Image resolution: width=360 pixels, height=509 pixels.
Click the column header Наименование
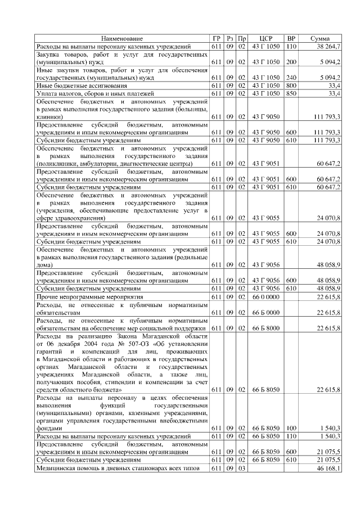pyautogui.click(x=121, y=38)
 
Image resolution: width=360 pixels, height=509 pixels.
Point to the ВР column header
pyautogui.click(x=291, y=38)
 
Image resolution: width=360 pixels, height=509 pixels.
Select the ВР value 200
pyautogui.click(x=291, y=61)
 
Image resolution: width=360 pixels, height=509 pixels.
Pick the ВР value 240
pyautogui.click(x=291, y=77)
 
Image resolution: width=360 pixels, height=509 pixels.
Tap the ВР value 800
pyautogui.click(x=291, y=85)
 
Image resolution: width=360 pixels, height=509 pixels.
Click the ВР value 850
pyautogui.click(x=291, y=93)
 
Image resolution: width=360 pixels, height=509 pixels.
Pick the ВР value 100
pyautogui.click(x=291, y=428)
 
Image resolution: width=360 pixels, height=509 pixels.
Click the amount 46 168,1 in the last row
pyautogui.click(x=328, y=467)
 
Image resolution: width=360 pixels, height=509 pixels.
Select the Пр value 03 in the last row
pyautogui.click(x=241, y=467)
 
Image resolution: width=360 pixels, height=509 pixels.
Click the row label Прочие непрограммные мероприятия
pyautogui.click(x=88, y=296)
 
